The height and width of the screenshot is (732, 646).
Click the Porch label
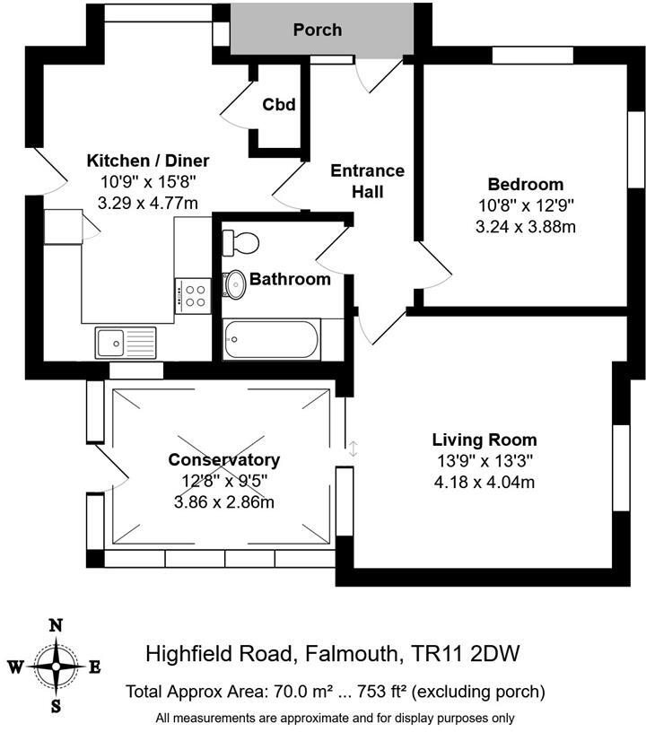(318, 30)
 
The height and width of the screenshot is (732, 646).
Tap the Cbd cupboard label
(279, 105)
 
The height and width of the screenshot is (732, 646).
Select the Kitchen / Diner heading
(147, 161)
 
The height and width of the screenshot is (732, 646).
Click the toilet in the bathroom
(241, 241)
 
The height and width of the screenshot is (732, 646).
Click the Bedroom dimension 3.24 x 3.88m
(525, 227)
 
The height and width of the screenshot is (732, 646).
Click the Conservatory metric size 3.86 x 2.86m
(223, 501)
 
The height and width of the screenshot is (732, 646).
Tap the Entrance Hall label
(367, 180)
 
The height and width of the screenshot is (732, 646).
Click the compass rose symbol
(56, 667)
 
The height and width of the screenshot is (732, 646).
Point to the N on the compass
(56, 625)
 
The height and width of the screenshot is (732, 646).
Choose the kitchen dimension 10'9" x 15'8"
(147, 182)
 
